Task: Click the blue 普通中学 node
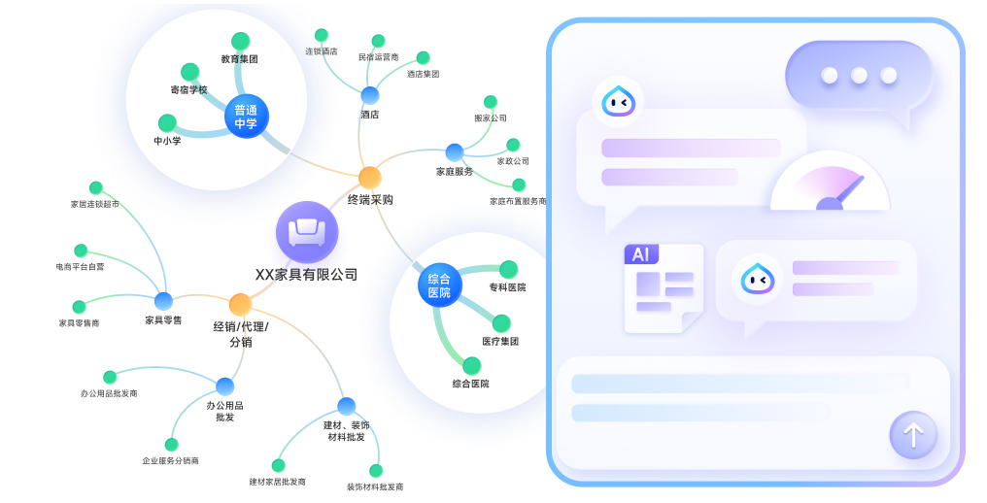coord(246,117)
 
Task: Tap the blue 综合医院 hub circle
coord(439,285)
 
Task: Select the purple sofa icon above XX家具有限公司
coord(307,232)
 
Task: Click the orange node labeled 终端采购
coord(370,178)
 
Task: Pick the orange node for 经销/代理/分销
coord(240,304)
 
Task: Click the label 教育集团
coord(239,59)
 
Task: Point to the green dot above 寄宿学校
coord(190,72)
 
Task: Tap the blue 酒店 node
coord(370,95)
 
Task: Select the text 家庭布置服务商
coord(518,201)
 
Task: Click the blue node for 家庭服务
coord(454,151)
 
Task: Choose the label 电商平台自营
coord(80,266)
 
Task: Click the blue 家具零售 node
coord(163,301)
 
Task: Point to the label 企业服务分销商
coord(170,460)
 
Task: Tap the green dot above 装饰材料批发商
coord(376,470)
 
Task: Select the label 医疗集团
coord(500,342)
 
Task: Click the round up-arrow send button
coord(913,435)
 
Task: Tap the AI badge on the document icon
coord(641,254)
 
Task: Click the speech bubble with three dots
coord(858,76)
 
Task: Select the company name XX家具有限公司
coord(306,275)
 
